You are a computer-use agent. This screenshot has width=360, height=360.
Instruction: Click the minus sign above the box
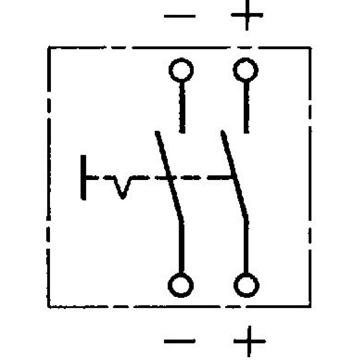[180, 16]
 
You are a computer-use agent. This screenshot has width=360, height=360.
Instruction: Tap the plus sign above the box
[247, 15]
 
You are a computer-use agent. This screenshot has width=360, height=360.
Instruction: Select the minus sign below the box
[180, 341]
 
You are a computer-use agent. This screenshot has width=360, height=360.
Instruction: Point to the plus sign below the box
[250, 341]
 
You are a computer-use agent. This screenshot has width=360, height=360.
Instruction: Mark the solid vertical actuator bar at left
[83, 178]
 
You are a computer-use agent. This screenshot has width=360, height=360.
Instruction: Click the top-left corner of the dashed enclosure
[49, 48]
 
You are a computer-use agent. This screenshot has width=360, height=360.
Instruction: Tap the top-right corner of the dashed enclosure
[310, 48]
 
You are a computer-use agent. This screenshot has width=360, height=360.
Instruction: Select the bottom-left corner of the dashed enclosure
[49, 306]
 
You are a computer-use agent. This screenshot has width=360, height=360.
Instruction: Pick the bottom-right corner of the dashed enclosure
[310, 306]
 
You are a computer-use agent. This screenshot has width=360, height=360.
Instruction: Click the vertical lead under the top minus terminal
[182, 107]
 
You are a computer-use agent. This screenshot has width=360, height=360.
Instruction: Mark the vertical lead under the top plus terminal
[246, 107]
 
